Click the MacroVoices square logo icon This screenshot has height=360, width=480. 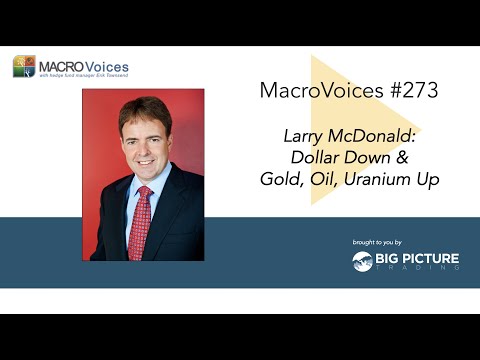[24, 67]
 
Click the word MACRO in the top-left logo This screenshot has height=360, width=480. [61, 66]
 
